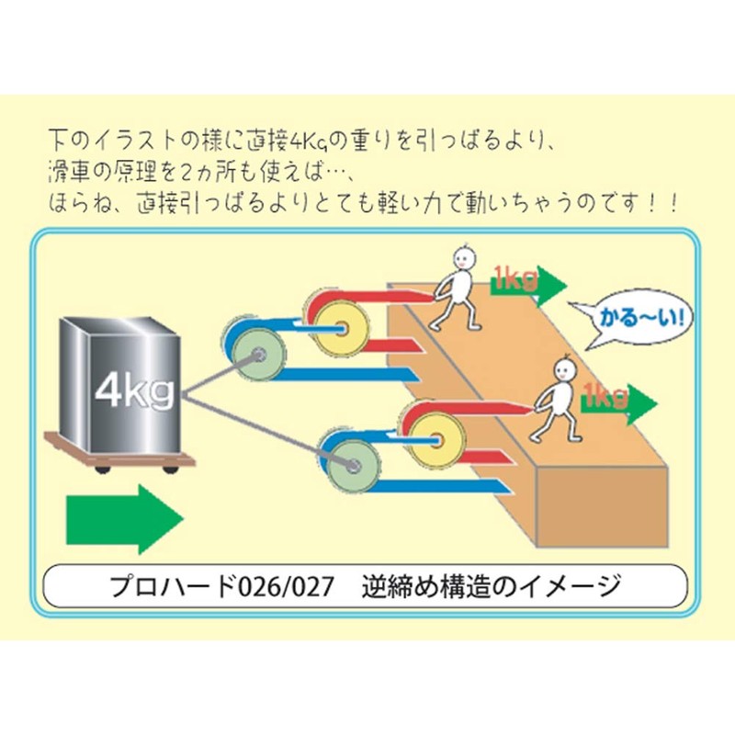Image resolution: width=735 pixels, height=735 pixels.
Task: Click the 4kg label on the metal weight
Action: (133, 392)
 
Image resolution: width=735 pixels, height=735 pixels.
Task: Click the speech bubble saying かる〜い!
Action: (634, 321)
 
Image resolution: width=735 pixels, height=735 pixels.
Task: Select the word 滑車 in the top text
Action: (72, 173)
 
